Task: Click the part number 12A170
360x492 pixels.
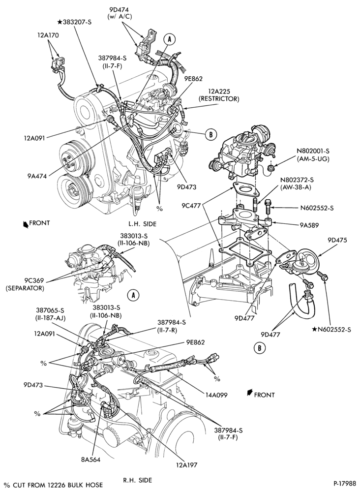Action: pyautogui.click(x=47, y=35)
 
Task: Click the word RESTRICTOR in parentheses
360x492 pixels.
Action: pyautogui.click(x=219, y=99)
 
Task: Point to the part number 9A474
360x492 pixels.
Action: pyautogui.click(x=37, y=176)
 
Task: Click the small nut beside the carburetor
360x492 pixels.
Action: pyautogui.click(x=270, y=168)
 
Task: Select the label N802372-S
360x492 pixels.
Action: pyautogui.click(x=297, y=180)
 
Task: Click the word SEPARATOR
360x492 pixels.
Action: pyautogui.click(x=25, y=288)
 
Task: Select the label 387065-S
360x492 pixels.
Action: pyautogui.click(x=50, y=310)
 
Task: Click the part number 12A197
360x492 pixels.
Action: pyautogui.click(x=187, y=465)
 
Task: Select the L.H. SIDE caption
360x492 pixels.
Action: pyautogui.click(x=142, y=224)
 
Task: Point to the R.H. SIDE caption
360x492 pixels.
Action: pyautogui.click(x=138, y=480)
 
